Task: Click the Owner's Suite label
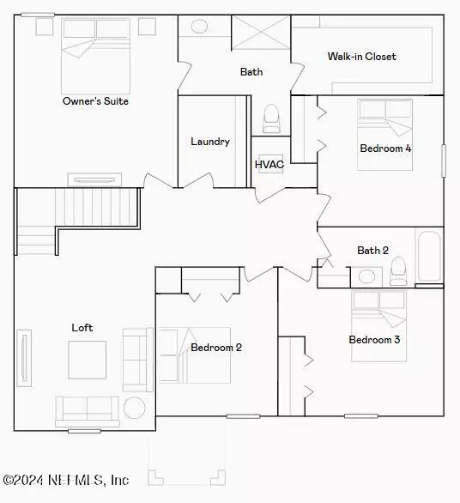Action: (x=95, y=101)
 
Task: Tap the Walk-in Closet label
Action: (x=361, y=57)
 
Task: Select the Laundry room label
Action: (x=209, y=142)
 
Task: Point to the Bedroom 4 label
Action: (x=385, y=148)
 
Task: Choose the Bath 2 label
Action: (x=372, y=251)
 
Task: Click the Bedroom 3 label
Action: (x=374, y=340)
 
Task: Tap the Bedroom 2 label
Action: (x=215, y=348)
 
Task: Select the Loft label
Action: (x=82, y=328)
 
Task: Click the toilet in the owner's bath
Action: (x=271, y=118)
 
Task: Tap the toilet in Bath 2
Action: (x=397, y=272)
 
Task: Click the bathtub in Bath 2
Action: (x=429, y=257)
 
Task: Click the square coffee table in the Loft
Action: (x=88, y=360)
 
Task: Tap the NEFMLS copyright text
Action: (x=65, y=481)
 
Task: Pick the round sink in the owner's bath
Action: (x=199, y=27)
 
